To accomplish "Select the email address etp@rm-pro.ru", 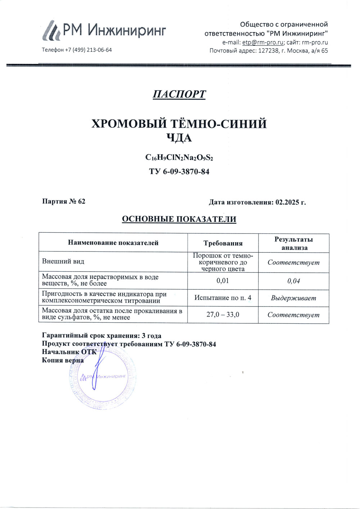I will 262,42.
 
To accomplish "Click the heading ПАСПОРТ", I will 179,94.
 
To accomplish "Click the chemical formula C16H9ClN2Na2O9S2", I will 179,158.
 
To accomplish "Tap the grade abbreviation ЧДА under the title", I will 179,138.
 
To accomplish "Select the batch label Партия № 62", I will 64,201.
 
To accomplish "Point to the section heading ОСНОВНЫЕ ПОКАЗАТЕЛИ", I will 179,219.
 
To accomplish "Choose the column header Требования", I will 223,243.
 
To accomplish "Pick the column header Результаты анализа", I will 294,243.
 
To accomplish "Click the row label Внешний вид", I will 63,262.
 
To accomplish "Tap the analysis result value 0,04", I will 294,281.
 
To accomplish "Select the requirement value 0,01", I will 223,281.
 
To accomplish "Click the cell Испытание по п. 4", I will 223,298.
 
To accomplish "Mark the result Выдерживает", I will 294,298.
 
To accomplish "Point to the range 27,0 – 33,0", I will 223,315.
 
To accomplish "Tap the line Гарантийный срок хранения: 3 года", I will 102,336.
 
